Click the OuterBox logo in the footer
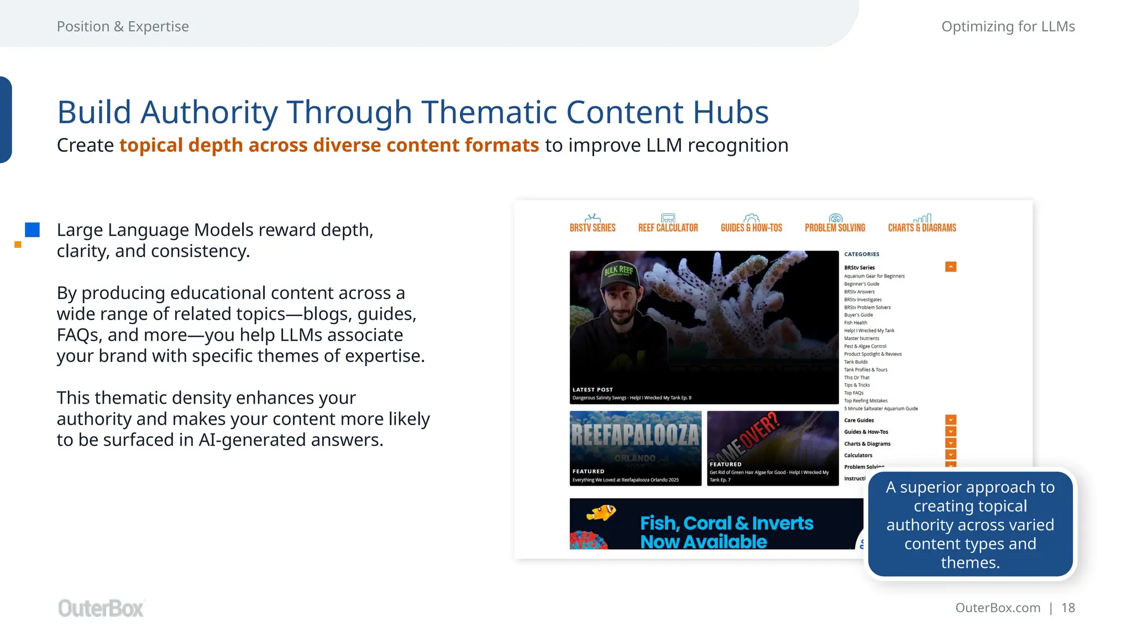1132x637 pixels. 101,608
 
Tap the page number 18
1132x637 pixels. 1068,608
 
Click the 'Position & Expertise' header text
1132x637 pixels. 123,27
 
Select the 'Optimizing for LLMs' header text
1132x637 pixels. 1008,27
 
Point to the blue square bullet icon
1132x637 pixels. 33,230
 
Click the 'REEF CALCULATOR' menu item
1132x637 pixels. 668,227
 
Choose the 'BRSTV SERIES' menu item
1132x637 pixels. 593,227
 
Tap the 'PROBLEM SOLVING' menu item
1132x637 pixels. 835,227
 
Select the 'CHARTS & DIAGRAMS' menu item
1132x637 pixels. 922,227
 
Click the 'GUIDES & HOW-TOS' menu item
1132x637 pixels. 751,227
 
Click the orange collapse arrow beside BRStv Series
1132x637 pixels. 951,267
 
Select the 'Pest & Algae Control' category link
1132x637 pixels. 865,346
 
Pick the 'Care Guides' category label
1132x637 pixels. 859,420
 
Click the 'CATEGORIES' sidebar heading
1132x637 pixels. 862,254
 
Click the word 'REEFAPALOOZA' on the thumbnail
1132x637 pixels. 635,435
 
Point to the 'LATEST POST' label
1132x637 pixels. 593,390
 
